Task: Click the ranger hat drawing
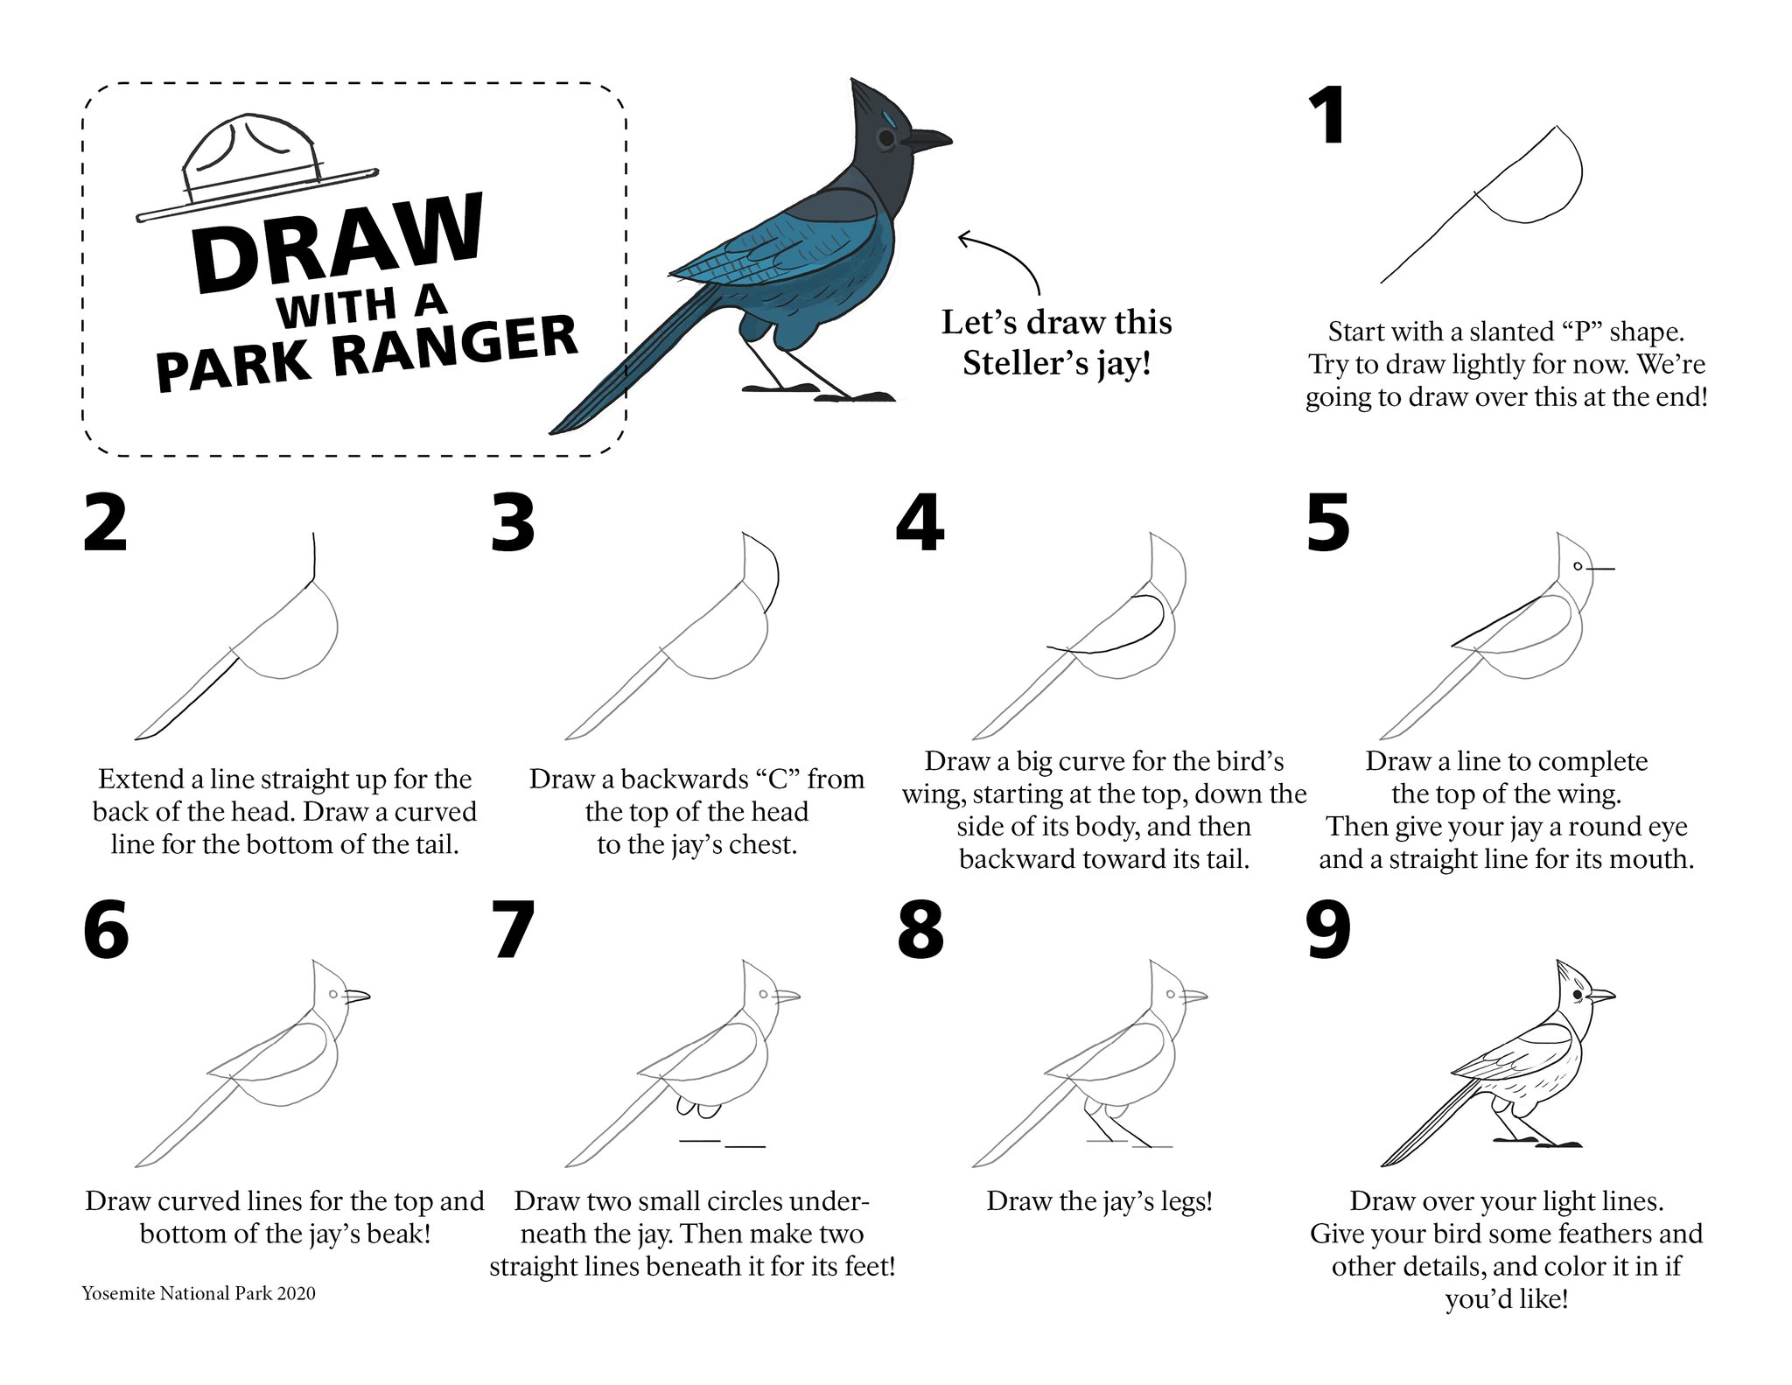coord(254,175)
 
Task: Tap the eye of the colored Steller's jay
coord(886,138)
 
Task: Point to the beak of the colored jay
coord(927,139)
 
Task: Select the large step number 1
coord(1328,116)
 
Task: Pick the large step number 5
coord(1328,522)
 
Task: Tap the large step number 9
coord(1328,930)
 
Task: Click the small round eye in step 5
coord(1578,567)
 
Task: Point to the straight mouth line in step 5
coord(1600,570)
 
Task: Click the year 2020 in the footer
coord(297,1293)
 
